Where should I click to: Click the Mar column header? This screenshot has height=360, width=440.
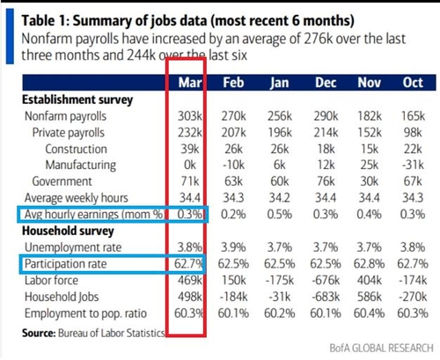(190, 83)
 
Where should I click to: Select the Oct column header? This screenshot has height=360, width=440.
(413, 83)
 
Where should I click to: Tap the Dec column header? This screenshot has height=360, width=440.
(326, 83)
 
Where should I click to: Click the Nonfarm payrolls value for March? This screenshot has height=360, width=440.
(190, 116)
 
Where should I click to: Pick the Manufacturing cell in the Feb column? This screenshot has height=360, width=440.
(233, 165)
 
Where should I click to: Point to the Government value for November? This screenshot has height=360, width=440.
(370, 181)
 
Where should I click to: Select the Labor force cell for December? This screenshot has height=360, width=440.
(326, 281)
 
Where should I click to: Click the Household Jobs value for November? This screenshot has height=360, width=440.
(370, 297)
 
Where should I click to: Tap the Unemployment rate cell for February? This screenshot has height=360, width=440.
(233, 247)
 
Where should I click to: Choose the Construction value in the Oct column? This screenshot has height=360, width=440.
(413, 149)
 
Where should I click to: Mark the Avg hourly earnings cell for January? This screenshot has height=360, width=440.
(280, 215)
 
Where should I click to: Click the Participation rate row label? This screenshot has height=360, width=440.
(66, 264)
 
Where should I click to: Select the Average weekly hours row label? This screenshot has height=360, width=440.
(77, 198)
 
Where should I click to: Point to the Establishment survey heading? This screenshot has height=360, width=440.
(77, 99)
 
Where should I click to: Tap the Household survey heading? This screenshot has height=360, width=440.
(68, 231)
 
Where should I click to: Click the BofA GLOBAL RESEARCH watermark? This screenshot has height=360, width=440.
(382, 348)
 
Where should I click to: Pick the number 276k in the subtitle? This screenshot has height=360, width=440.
(319, 39)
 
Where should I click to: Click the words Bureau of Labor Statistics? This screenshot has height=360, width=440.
(112, 333)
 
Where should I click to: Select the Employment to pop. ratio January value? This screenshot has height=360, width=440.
(280, 313)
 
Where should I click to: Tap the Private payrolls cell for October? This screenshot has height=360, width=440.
(413, 133)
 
